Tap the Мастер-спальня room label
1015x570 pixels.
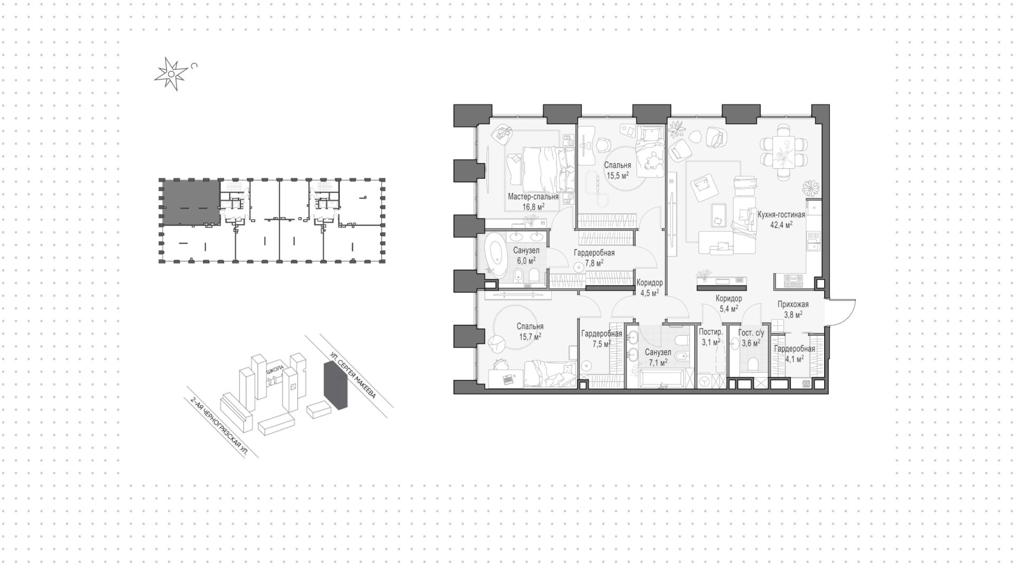[533, 197]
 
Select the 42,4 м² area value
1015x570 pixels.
[781, 225]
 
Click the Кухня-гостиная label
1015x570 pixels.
[781, 215]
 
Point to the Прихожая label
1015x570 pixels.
[793, 304]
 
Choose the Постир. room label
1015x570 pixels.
[711, 332]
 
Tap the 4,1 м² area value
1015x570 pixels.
[794, 358]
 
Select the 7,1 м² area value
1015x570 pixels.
[658, 362]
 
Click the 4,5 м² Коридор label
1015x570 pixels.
[650, 288]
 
